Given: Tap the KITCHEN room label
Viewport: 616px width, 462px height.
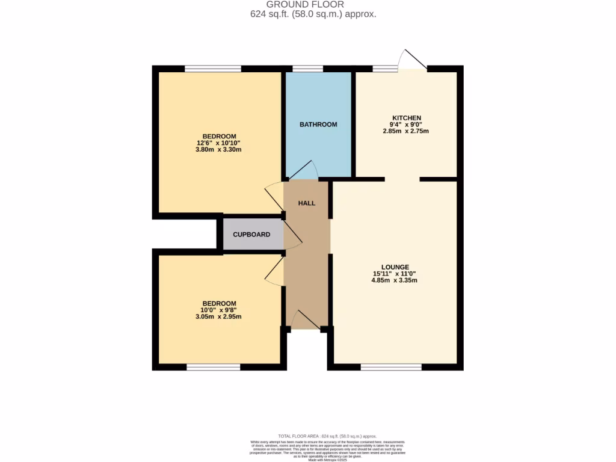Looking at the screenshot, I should [x=406, y=118].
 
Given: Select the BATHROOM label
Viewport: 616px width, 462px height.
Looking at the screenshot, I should [x=318, y=125].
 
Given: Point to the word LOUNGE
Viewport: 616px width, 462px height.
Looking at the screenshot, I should [x=395, y=267].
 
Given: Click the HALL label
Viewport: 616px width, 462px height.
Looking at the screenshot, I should [x=307, y=203].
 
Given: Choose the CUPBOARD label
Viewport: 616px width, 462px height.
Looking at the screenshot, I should [x=251, y=235].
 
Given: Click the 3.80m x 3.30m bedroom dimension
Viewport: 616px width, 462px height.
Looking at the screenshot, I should [x=218, y=150].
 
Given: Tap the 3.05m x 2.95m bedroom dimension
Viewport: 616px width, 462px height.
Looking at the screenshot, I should [x=218, y=316].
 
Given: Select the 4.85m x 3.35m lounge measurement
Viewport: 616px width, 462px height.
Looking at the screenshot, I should [x=395, y=280].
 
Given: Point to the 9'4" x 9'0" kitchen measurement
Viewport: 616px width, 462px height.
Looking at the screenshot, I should [x=406, y=125].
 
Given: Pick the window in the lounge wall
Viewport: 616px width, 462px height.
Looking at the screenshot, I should [x=391, y=366].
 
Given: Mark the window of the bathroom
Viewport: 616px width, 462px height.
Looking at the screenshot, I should [x=307, y=69].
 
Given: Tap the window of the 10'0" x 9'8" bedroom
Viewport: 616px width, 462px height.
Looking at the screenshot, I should [x=213, y=366].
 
